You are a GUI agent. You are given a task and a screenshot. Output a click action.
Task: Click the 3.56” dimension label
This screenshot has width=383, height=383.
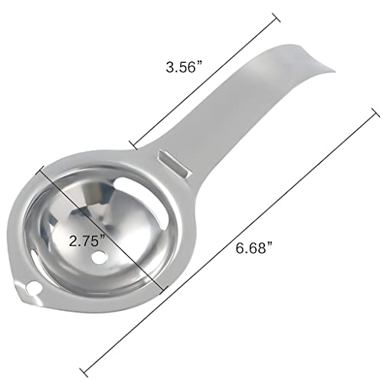[184, 67]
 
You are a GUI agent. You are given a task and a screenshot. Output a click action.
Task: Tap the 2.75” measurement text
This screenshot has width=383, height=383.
[87, 241]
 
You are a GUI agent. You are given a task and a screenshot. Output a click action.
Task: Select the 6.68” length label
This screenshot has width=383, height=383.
[254, 247]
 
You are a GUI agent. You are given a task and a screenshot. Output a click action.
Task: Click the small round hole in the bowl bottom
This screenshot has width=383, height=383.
[100, 257]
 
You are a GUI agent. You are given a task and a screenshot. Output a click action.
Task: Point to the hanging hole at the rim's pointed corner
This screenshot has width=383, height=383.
[34, 290]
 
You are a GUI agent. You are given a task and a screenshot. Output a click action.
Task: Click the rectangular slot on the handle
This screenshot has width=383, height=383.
[175, 164]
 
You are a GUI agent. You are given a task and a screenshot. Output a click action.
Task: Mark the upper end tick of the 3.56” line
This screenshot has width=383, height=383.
[276, 18]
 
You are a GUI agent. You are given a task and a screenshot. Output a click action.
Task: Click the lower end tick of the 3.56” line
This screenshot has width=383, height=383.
[133, 145]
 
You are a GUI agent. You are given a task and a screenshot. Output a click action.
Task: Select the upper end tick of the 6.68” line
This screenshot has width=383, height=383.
[375, 113]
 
